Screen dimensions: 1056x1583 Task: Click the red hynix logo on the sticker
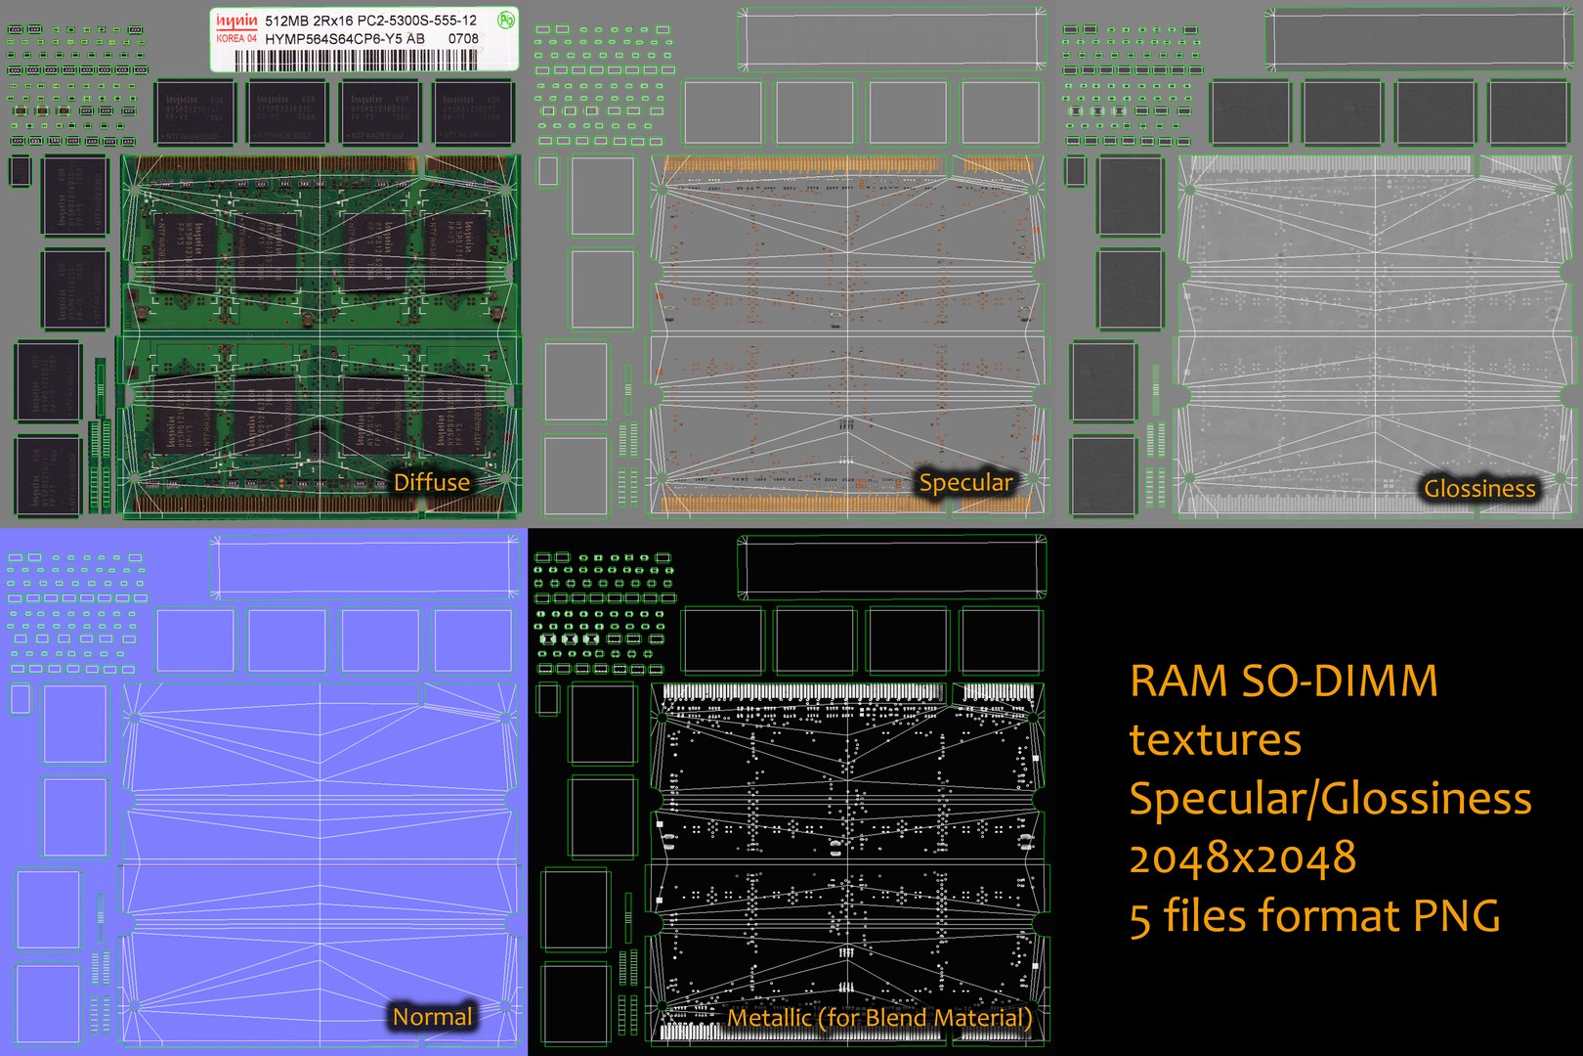(236, 20)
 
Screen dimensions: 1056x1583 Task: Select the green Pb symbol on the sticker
(504, 20)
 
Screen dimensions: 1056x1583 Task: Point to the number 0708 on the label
(463, 38)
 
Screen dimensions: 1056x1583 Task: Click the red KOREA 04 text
(236, 38)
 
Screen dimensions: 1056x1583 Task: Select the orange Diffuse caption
(431, 482)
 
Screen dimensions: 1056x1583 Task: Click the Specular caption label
(965, 482)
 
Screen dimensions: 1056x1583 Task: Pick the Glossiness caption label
(1479, 488)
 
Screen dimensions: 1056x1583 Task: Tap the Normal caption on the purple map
(432, 1017)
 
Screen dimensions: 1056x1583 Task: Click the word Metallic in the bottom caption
(769, 1018)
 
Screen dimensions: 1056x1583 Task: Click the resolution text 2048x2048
(1242, 858)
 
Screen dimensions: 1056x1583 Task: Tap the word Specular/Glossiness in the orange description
(1330, 799)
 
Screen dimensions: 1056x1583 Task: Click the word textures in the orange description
(1215, 740)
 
